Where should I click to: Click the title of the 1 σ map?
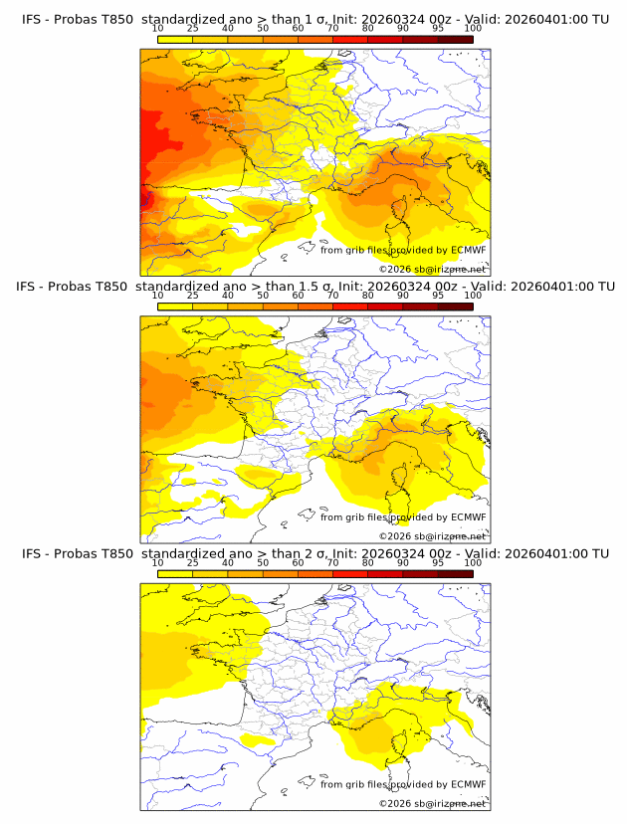pos(314,18)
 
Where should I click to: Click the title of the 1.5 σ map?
pos(314,286)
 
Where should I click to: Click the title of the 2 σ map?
pos(314,553)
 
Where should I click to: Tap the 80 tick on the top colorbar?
pos(368,28)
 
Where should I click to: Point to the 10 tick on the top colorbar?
pos(157,28)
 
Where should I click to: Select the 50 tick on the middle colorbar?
pos(263,296)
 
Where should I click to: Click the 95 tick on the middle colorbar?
pos(438,296)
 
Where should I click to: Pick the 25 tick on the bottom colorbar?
pos(192,563)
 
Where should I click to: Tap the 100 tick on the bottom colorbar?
pos(473,563)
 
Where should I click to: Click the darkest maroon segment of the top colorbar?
pos(455,38)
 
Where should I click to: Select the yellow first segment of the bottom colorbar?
pos(174,573)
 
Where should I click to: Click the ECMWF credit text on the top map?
pos(403,250)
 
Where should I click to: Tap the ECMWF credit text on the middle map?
pos(403,517)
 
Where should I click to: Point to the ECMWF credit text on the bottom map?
pos(403,784)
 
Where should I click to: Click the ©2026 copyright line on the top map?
pos(432,269)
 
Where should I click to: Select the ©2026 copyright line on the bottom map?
pos(432,803)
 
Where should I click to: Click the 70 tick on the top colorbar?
pos(332,28)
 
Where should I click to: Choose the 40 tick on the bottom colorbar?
pos(227,563)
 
